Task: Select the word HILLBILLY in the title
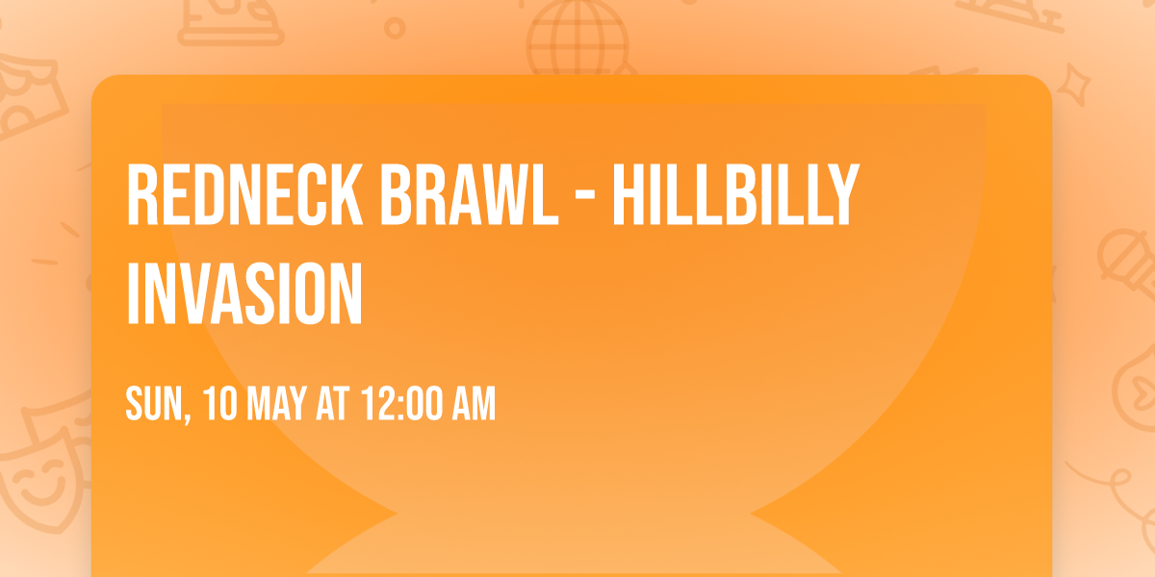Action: [x=733, y=195]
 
